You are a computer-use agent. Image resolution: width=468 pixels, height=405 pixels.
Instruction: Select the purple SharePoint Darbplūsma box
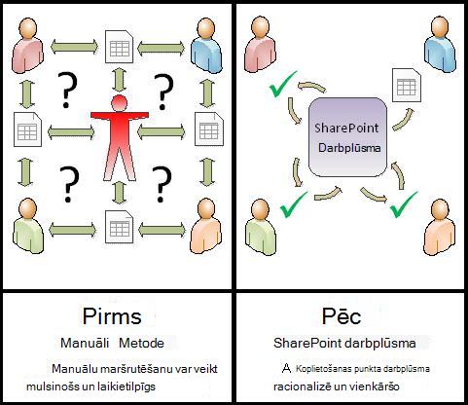click(x=347, y=137)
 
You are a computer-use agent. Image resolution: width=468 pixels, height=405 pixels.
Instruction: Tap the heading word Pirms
click(x=112, y=315)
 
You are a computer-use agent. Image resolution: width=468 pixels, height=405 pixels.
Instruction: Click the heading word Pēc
click(x=342, y=315)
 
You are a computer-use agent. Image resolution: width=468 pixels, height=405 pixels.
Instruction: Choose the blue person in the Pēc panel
click(x=440, y=44)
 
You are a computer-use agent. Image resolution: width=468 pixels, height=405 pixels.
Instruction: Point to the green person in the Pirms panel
click(x=28, y=226)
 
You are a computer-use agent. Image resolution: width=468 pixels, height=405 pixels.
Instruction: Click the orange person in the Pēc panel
click(x=440, y=227)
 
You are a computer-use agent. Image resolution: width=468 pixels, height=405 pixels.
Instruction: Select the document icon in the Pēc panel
click(x=407, y=85)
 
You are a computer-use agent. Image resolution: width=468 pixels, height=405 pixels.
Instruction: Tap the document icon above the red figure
click(x=120, y=47)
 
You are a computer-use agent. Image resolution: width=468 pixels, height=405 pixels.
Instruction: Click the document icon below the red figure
click(x=120, y=227)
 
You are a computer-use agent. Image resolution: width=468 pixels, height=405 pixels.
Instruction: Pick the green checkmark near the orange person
click(x=403, y=204)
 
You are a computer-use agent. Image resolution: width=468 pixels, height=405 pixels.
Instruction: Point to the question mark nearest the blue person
click(x=163, y=92)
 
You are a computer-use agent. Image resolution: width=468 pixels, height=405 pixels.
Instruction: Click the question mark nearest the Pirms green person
click(x=69, y=184)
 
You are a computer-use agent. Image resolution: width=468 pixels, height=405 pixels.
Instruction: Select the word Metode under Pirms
click(x=141, y=343)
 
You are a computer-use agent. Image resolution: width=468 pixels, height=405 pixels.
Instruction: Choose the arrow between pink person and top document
click(x=74, y=47)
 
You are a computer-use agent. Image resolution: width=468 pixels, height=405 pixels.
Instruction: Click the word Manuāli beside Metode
click(x=85, y=343)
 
